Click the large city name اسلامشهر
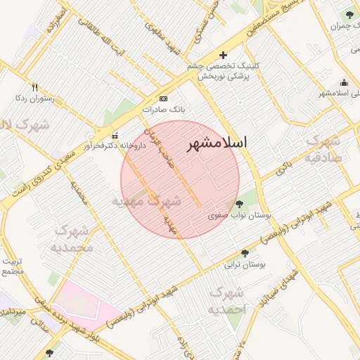click(x=217, y=143)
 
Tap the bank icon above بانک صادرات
click(x=164, y=98)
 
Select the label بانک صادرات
click(x=162, y=110)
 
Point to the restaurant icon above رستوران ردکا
click(x=34, y=87)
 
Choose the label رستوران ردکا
click(x=34, y=99)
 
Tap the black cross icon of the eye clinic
click(x=224, y=55)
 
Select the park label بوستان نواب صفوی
click(x=240, y=216)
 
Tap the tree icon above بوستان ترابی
click(x=245, y=252)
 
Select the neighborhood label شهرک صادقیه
click(x=323, y=148)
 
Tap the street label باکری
click(x=283, y=167)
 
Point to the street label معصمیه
click(x=79, y=191)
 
